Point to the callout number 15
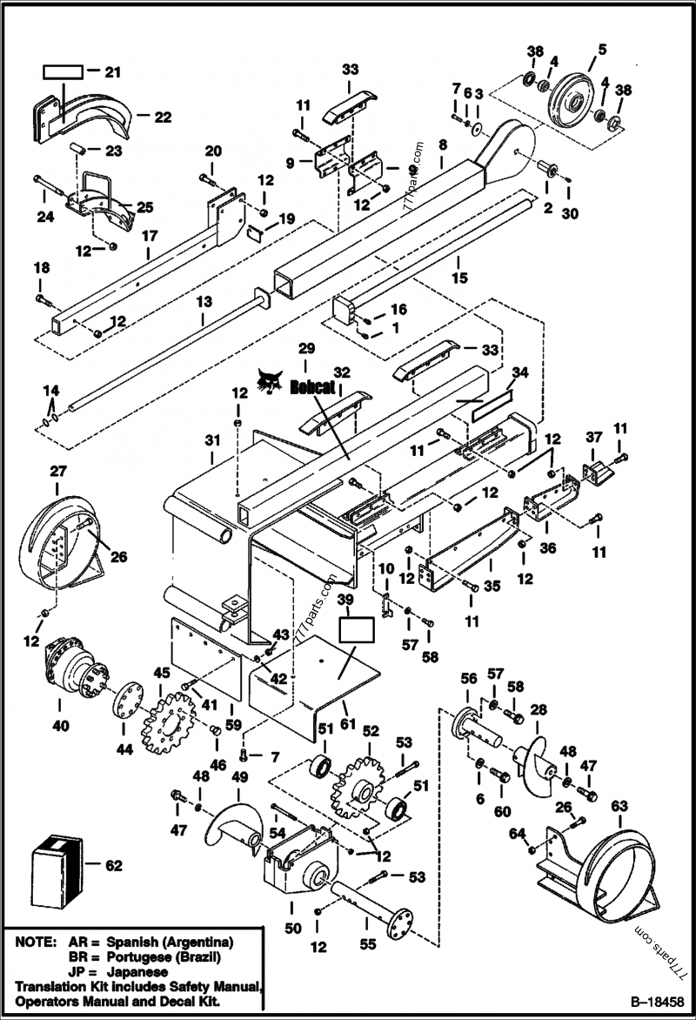coord(459,278)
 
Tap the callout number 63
coord(619,806)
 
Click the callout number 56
coord(469,679)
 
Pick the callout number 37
coord(593,436)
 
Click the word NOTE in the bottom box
coord(32,943)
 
